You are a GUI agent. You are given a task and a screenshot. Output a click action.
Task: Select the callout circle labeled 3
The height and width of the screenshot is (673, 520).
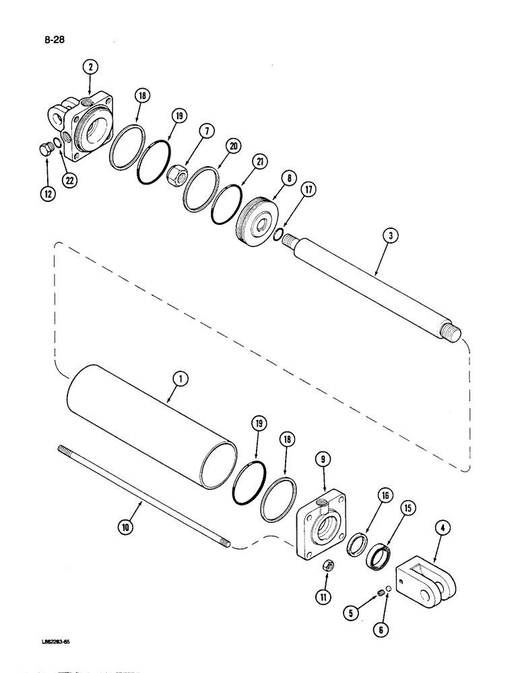pos(393,236)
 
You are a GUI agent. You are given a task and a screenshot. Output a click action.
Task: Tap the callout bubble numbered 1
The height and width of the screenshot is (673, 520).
pos(179,380)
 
